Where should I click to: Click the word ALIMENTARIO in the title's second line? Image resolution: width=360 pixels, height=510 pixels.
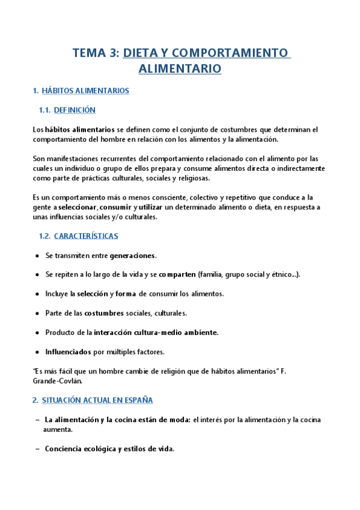click(180, 69)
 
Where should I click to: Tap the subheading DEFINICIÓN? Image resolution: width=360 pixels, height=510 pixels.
click(75, 110)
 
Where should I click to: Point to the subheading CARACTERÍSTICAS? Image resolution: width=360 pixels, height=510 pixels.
click(86, 236)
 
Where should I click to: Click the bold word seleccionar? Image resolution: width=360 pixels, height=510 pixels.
click(77, 207)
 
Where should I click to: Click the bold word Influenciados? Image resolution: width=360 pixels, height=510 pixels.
click(67, 351)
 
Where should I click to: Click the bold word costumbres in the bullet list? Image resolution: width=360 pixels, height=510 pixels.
click(104, 313)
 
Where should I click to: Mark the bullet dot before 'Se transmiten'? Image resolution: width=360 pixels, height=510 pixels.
click(37, 256)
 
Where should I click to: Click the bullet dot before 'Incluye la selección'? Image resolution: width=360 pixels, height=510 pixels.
click(37, 293)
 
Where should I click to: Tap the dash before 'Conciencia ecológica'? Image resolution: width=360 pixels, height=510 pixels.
click(37, 449)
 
